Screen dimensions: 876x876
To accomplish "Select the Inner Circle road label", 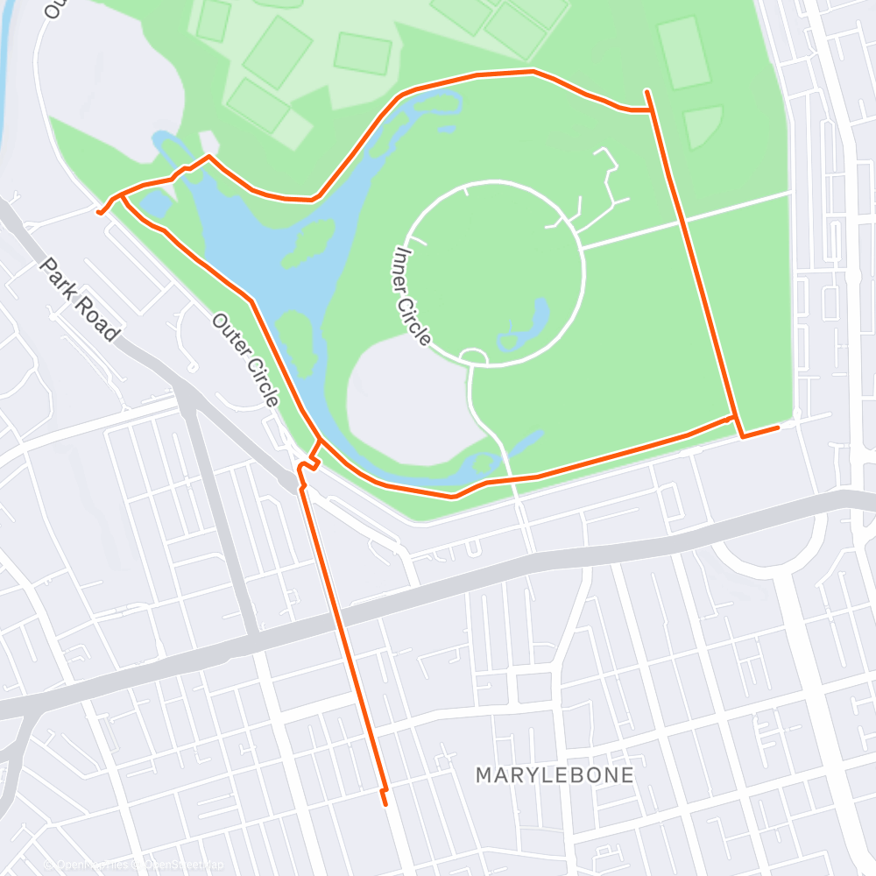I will coord(412,295).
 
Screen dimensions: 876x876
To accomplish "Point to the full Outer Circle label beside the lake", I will coord(245,359).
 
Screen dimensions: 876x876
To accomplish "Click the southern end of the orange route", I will coord(385,802).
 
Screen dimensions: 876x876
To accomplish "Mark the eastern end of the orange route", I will coord(777,427).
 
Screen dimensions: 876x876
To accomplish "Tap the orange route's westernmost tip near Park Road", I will coord(98,212).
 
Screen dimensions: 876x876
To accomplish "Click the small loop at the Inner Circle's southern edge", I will coord(473,356).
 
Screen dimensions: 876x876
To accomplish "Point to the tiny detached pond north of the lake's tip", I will coord(447,129).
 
